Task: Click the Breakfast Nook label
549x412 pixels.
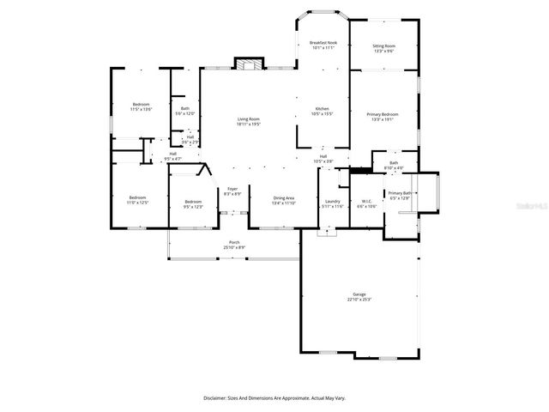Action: [x=323, y=45]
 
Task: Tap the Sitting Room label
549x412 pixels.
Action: [x=383, y=48]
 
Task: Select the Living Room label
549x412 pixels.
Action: [x=249, y=121]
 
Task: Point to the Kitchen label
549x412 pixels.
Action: [x=323, y=111]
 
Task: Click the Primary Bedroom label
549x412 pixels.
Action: [x=383, y=117]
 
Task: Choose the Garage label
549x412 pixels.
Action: [x=359, y=296]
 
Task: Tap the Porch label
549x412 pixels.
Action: [x=234, y=245]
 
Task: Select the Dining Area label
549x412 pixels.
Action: [x=283, y=200]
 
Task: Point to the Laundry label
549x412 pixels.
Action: [x=332, y=203]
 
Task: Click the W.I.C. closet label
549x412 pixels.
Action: [x=366, y=203]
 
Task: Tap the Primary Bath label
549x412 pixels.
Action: [x=400, y=196]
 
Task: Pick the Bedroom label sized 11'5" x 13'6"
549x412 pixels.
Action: [x=140, y=106]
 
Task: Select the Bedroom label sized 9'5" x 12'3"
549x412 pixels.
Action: [x=193, y=204]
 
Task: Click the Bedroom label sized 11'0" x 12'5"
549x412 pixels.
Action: [x=138, y=200]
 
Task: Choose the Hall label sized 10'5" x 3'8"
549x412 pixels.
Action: [x=323, y=159]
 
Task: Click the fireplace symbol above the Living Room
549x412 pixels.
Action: [x=249, y=65]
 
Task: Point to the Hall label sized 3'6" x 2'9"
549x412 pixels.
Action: [x=190, y=139]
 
